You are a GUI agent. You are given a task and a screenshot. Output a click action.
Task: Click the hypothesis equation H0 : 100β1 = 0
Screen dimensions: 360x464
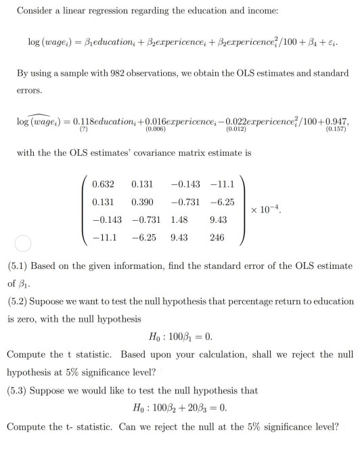[x=180, y=337]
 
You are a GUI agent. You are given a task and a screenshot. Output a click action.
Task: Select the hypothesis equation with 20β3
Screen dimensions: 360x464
[x=180, y=408]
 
